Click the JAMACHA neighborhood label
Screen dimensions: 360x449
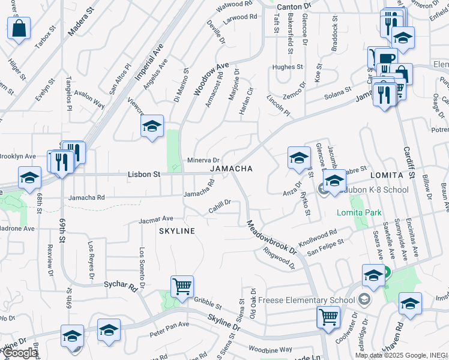pyautogui.click(x=231, y=169)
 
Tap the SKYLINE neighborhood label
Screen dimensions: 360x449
pyautogui.click(x=177, y=231)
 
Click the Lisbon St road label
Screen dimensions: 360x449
pyautogui.click(x=144, y=175)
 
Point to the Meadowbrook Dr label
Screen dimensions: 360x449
pyautogui.click(x=271, y=236)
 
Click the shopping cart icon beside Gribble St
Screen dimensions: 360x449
pyautogui.click(x=182, y=286)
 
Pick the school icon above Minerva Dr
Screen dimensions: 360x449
pyautogui.click(x=152, y=126)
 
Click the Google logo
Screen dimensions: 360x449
pyautogui.click(x=20, y=353)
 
